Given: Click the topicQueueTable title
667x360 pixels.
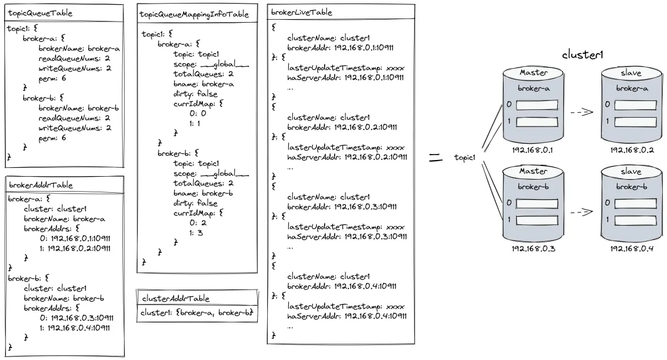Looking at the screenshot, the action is (x=40, y=13).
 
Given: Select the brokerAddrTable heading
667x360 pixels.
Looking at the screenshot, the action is (x=41, y=185).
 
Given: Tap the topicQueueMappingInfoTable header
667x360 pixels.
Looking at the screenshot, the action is (x=194, y=14).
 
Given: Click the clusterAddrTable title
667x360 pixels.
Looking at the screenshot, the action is (x=175, y=299).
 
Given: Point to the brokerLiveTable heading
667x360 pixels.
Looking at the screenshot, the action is (x=302, y=13).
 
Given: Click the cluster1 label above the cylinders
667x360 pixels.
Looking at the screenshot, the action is (x=582, y=55).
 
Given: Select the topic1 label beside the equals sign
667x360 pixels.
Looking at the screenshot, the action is (x=464, y=158).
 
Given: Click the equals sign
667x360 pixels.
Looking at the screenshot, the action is (x=435, y=158).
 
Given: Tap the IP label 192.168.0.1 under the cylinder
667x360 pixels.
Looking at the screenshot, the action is (x=532, y=150).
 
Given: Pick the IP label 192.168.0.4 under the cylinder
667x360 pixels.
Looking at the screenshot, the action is (x=631, y=248).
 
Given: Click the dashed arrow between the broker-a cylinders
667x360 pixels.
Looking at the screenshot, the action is (x=582, y=112).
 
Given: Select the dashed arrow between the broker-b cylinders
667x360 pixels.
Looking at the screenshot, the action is (x=582, y=211).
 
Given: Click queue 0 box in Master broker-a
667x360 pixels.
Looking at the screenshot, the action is (x=537, y=104).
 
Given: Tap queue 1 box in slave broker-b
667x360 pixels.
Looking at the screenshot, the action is (x=635, y=220).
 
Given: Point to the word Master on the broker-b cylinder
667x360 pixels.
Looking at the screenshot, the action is (x=533, y=171).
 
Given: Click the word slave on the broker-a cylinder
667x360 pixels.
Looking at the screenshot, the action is (x=631, y=73).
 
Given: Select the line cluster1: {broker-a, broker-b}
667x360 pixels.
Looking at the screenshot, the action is (x=197, y=312).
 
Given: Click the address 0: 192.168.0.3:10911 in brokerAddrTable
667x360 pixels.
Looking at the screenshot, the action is (x=76, y=318).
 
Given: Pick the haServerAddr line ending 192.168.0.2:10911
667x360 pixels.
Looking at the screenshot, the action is (x=347, y=157).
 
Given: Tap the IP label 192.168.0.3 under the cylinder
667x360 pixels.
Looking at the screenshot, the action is (x=533, y=248).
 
